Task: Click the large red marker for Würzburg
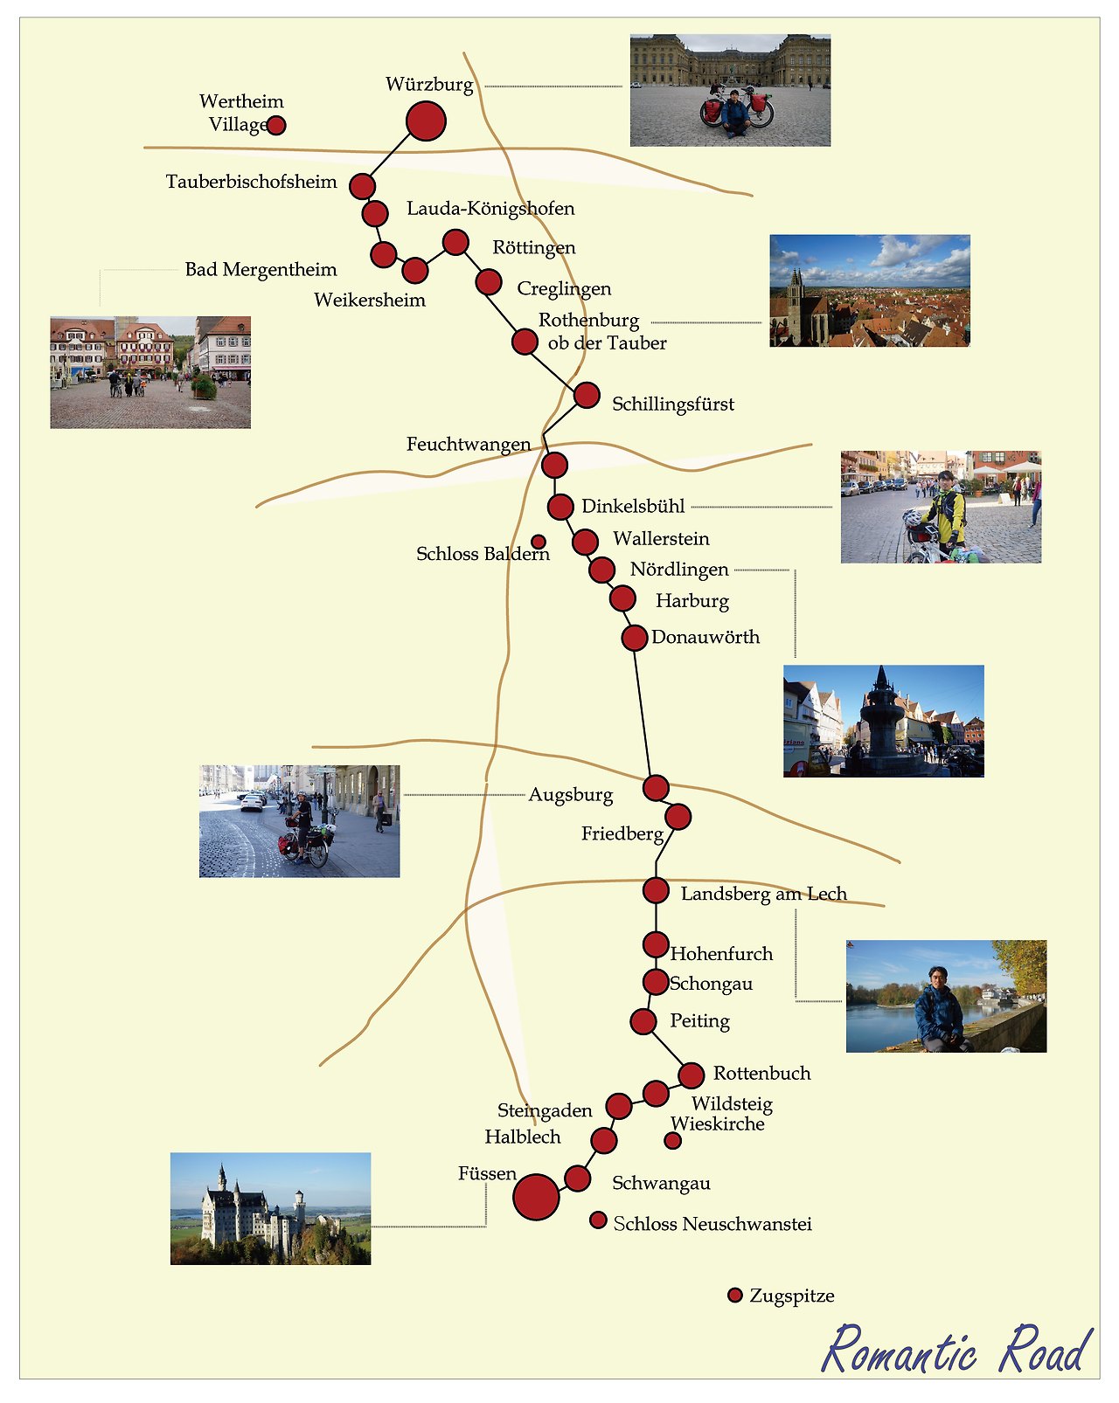pos(426,121)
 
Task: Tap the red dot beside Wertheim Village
pos(275,125)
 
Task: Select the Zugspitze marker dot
pos(735,1295)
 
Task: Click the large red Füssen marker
pos(536,1197)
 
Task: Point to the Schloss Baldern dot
pos(539,542)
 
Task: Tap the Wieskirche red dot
pos(672,1140)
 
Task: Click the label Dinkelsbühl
pos(633,506)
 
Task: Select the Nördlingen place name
pos(679,570)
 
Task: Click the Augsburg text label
pos(570,795)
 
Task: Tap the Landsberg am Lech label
pos(763,894)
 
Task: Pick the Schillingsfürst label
pos(672,404)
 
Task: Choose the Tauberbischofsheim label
pos(251,182)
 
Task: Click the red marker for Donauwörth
pos(634,638)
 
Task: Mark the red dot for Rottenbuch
pos(691,1075)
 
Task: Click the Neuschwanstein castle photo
pos(270,1208)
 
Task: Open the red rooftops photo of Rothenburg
pos(869,291)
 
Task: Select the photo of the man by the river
pos(946,996)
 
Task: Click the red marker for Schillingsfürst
pos(587,396)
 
